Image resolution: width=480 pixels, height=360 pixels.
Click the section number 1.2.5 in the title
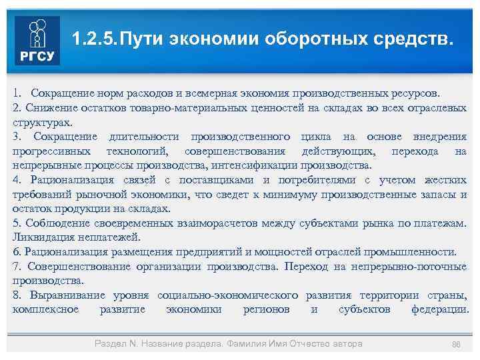92,39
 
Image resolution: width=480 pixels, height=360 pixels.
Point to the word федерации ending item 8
439,310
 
